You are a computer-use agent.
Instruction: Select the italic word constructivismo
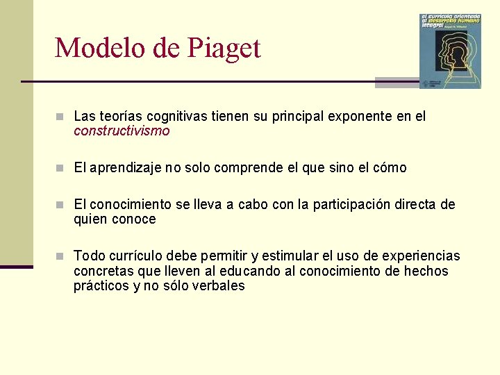[122, 131]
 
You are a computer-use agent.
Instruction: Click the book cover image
[450, 51]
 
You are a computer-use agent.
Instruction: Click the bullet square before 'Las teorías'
[60, 117]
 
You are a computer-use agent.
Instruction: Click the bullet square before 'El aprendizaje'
[60, 168]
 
